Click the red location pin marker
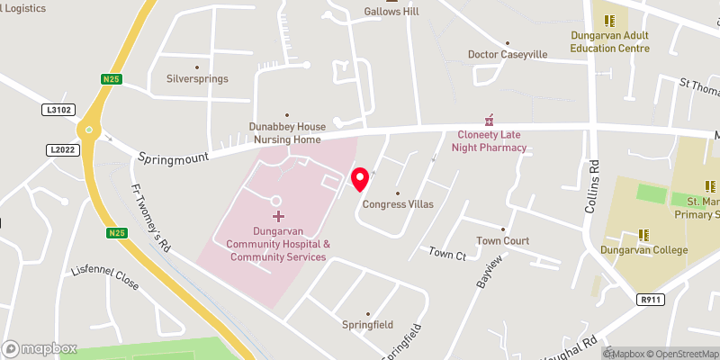point(360,178)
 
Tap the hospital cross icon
point(278,216)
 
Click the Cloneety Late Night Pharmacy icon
point(490,120)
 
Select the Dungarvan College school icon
point(644,235)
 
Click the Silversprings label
point(197,78)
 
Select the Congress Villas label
point(398,204)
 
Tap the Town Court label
point(502,241)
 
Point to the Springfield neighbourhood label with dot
point(367,324)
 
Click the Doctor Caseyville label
point(508,54)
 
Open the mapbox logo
point(40,348)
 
